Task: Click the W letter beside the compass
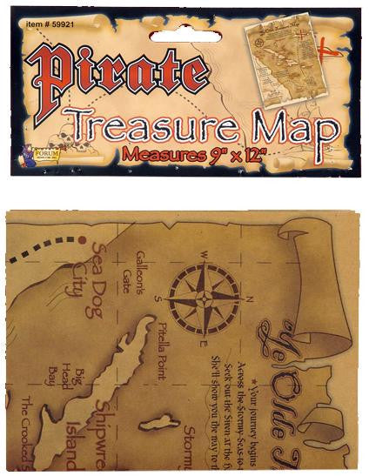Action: point(204,256)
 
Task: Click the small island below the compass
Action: point(159,424)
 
